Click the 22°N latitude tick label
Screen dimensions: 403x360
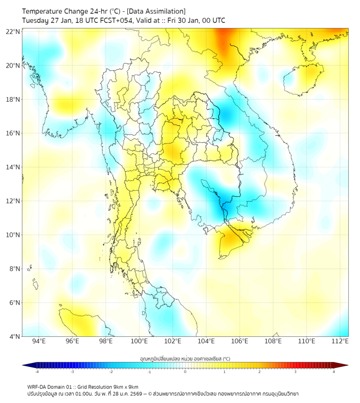[x=13, y=31]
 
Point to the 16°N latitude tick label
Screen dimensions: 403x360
[x=13, y=133]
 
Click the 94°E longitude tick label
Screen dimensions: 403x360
[x=39, y=341]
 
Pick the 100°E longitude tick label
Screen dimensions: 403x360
[x=140, y=341]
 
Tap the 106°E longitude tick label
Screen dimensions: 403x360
[x=240, y=341]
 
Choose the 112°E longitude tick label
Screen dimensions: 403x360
[x=340, y=341]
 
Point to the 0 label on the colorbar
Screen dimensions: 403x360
[x=185, y=372]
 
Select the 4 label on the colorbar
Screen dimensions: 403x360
[x=334, y=372]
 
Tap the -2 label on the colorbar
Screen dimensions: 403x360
[x=110, y=372]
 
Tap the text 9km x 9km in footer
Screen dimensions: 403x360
[x=123, y=386]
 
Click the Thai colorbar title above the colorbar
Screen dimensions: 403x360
[x=185, y=358]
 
